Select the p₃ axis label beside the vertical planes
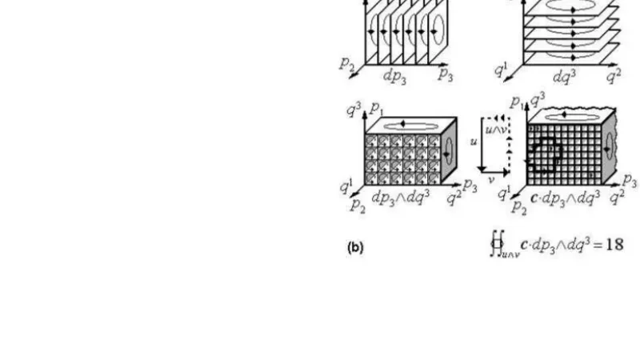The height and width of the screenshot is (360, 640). point(446,74)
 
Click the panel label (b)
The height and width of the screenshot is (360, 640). point(356,248)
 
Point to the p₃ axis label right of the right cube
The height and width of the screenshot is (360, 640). point(630,180)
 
